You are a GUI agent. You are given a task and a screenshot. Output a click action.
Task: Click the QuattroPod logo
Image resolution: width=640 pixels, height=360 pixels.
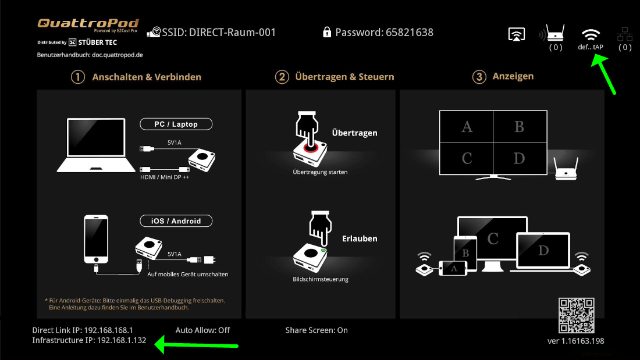coord(88,24)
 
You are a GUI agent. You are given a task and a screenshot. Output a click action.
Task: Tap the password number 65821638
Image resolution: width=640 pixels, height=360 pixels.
coord(410,32)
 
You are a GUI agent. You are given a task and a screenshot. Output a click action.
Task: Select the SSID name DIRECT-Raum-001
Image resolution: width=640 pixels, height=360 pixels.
coord(232,32)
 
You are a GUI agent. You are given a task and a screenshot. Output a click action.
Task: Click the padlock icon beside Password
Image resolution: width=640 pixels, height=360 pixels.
coord(326,32)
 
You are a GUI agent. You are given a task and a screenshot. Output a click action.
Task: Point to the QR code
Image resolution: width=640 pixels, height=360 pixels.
coord(577,316)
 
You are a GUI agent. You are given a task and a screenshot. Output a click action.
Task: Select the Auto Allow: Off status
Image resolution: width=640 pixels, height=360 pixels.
coord(202,330)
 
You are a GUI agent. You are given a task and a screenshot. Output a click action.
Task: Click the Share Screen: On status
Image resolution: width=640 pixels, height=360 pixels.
coord(317,330)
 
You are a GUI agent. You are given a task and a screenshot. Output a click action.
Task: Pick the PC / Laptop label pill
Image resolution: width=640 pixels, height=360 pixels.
coord(176,124)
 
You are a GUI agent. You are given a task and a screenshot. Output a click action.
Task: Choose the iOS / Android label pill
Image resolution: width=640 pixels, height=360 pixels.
coord(176,221)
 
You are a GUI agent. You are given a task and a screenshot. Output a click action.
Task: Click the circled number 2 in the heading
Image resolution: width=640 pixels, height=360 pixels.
coord(282,77)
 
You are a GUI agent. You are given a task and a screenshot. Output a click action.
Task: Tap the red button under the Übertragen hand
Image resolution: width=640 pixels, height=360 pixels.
coord(310,147)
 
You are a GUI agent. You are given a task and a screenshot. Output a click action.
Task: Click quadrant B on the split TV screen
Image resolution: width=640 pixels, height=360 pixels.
coord(520,127)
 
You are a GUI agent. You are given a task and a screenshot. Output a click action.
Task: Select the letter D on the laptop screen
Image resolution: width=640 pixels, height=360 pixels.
coord(543,250)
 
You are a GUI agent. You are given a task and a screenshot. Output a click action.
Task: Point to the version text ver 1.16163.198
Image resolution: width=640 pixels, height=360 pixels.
coord(575,341)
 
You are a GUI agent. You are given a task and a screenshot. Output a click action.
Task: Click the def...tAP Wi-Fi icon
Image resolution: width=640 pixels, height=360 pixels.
coord(591,34)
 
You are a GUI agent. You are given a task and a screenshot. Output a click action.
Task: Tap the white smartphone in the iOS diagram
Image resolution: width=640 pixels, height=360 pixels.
coord(96,240)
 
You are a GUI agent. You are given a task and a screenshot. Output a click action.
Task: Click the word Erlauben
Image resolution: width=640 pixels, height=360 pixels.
coord(360,238)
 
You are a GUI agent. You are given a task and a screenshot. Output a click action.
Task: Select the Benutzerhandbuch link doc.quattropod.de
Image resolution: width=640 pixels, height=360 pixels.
coord(117,55)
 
